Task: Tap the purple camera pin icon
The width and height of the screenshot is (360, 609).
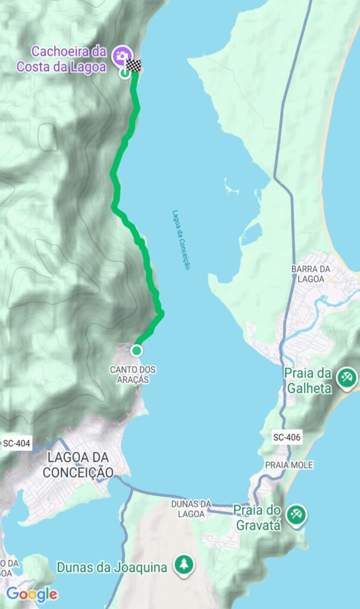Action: click(122, 56)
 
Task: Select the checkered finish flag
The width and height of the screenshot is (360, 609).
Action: click(136, 66)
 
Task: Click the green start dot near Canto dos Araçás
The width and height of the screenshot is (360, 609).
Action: click(137, 350)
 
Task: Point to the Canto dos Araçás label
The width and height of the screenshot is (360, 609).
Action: click(133, 375)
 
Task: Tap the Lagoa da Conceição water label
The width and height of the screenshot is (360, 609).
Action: click(181, 239)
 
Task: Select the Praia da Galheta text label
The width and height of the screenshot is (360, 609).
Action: click(308, 381)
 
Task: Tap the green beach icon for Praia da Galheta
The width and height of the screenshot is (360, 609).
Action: click(346, 378)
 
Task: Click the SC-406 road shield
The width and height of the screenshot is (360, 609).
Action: click(287, 438)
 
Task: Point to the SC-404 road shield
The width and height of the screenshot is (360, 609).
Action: click(16, 444)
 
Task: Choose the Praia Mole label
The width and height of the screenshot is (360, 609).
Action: click(289, 464)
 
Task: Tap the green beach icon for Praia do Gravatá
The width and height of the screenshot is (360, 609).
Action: click(296, 514)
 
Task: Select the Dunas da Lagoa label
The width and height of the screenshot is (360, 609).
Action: click(192, 510)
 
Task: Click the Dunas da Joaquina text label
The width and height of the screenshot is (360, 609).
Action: click(112, 567)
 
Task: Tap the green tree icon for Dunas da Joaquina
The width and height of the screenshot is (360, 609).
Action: click(184, 564)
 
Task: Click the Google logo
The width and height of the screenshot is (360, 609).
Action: click(32, 594)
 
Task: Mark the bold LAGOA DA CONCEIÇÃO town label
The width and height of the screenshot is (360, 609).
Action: click(77, 464)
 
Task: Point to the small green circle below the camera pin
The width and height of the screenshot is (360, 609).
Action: click(124, 73)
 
